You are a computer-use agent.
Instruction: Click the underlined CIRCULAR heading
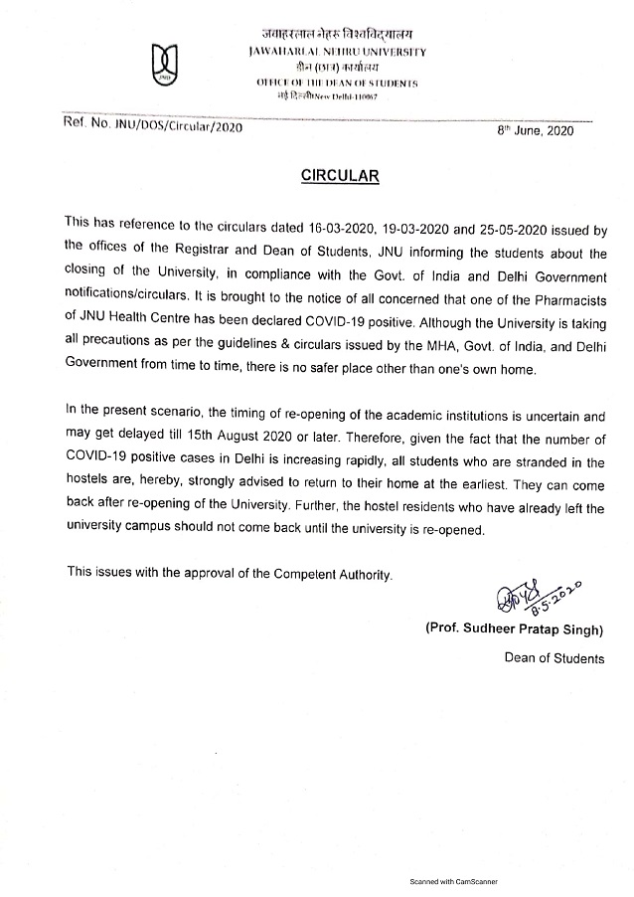[x=341, y=176]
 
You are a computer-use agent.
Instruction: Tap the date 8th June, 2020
[x=536, y=131]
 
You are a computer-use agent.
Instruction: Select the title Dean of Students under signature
[x=554, y=657]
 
